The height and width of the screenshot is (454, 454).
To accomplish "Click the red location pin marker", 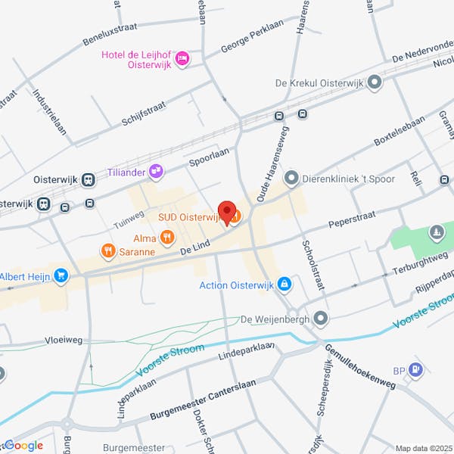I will [x=226, y=211].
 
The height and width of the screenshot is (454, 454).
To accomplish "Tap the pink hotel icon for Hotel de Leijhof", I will [x=182, y=58].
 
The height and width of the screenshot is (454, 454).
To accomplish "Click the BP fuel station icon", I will [x=415, y=370].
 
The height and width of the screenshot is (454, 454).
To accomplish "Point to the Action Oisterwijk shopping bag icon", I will [x=284, y=285].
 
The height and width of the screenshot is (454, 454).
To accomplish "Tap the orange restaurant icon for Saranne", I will [x=108, y=250].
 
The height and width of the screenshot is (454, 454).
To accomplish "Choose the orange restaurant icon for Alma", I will [x=147, y=238].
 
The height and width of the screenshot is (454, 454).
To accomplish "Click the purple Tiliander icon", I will [x=156, y=172].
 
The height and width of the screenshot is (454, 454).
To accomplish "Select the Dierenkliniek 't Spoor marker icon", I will [x=291, y=178].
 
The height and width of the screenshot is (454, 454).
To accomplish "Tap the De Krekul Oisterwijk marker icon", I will [x=374, y=82].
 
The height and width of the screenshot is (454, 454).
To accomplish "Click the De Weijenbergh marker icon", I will [x=322, y=319].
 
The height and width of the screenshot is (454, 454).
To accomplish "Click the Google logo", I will [x=24, y=446].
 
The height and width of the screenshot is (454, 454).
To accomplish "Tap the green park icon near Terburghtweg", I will [x=437, y=232].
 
